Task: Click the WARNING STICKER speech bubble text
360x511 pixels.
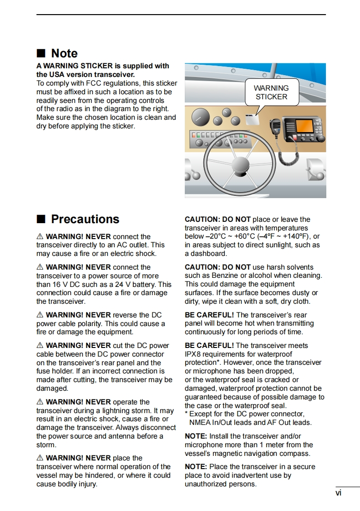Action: [271, 92]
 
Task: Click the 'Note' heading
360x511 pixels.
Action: [64, 53]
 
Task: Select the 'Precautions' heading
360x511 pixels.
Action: [85, 219]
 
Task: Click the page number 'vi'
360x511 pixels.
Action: [338, 493]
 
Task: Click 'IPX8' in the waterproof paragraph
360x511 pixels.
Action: [193, 354]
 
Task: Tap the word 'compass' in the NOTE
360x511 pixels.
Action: [295, 453]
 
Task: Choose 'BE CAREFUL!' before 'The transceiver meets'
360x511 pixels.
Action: [209, 345]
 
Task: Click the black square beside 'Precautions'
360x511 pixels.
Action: [41, 219]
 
